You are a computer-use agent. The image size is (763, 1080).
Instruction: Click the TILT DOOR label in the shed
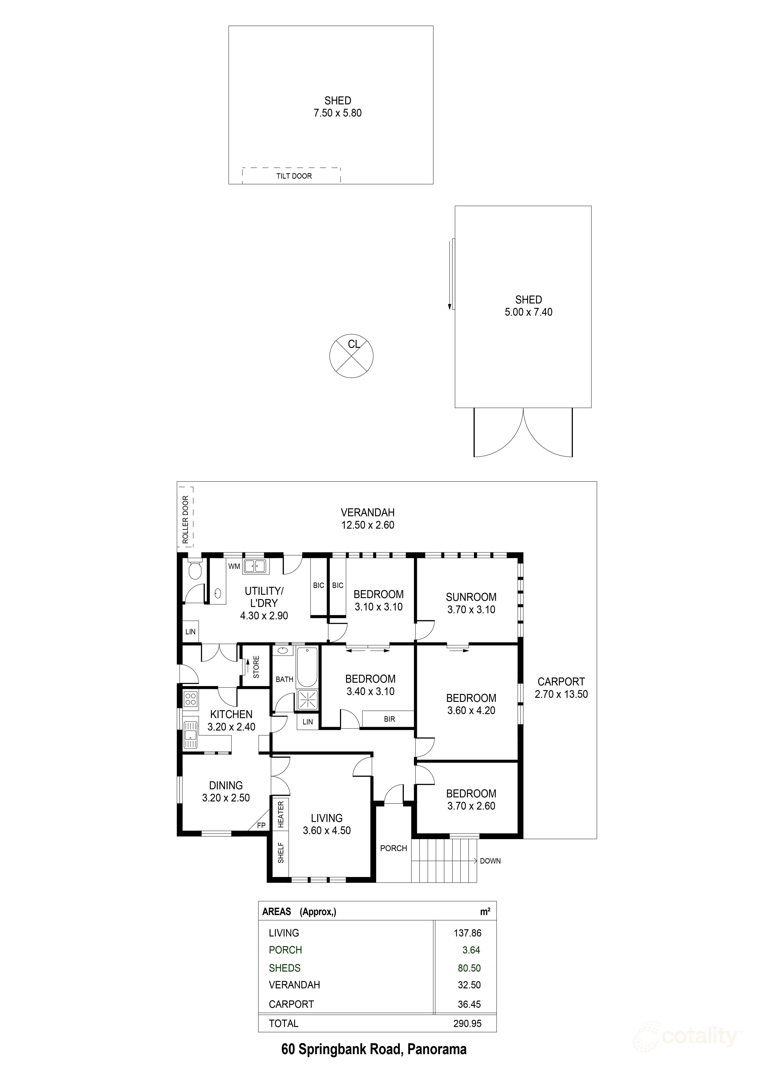pyautogui.click(x=294, y=176)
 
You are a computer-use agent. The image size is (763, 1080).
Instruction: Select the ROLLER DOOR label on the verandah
pyautogui.click(x=185, y=519)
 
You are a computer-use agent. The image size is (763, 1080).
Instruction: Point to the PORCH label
pyautogui.click(x=393, y=848)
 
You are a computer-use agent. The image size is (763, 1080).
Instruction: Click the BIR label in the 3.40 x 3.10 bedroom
pyautogui.click(x=389, y=719)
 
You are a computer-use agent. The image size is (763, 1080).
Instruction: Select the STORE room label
pyautogui.click(x=256, y=667)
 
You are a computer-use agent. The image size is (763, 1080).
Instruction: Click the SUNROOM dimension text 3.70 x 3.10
pyautogui.click(x=471, y=610)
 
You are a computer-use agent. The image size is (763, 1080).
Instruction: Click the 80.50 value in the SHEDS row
pyautogui.click(x=469, y=968)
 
